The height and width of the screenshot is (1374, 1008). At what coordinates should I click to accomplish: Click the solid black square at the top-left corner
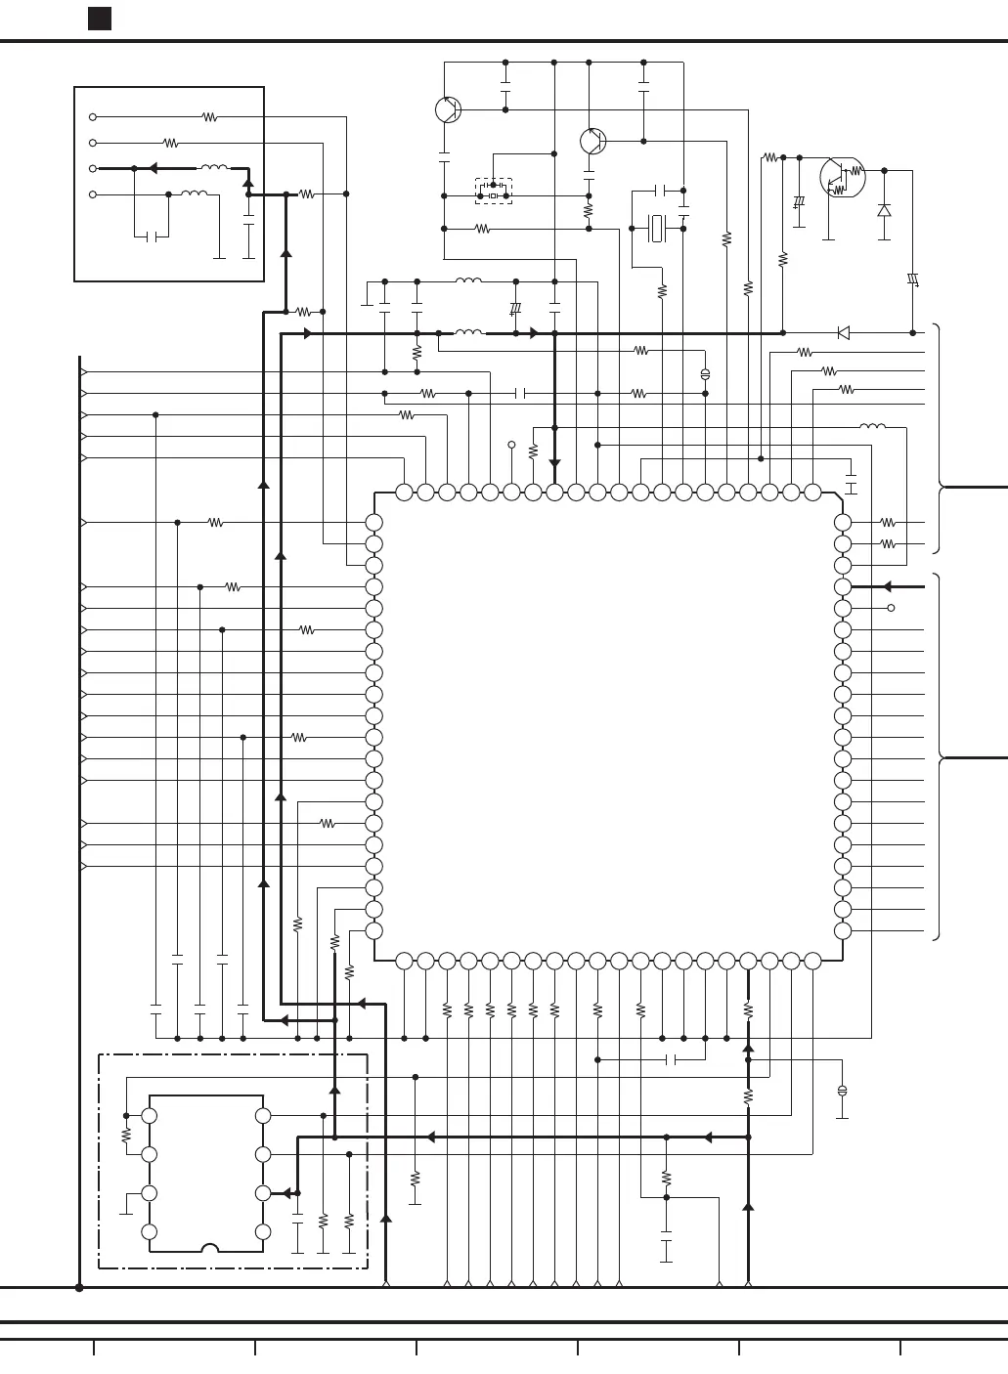[99, 19]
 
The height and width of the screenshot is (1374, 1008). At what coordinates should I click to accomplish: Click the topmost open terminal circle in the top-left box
[93, 116]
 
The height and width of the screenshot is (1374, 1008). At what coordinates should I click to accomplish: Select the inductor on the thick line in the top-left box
[214, 168]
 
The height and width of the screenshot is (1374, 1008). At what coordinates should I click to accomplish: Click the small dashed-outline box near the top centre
[494, 191]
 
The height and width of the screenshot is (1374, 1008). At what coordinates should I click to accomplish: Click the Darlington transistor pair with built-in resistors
[842, 176]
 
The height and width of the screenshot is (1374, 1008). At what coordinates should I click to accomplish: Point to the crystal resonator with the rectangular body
[658, 229]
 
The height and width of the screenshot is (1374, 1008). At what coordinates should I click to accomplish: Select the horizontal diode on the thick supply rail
[844, 333]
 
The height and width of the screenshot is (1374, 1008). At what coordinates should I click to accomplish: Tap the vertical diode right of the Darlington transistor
[885, 210]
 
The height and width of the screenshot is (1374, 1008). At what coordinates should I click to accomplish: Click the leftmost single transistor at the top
[448, 109]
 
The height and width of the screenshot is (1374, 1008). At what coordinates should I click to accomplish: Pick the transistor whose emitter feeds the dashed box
[592, 142]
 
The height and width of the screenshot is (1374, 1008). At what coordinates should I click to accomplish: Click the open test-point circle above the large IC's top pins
[511, 445]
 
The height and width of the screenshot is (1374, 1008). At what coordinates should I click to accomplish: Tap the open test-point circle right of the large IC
[891, 608]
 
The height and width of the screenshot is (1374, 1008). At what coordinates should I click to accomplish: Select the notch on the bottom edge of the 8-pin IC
[208, 1248]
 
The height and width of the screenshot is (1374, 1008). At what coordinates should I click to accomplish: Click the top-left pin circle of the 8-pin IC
[150, 1115]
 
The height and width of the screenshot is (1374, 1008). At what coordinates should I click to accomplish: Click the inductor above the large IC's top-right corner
[872, 426]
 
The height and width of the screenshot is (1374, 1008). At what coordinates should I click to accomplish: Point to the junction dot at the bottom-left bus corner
[79, 1288]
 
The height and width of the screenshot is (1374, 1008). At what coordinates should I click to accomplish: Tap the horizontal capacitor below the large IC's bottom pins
[672, 1059]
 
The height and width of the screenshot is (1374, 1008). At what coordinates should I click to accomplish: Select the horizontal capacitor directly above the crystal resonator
[660, 190]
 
